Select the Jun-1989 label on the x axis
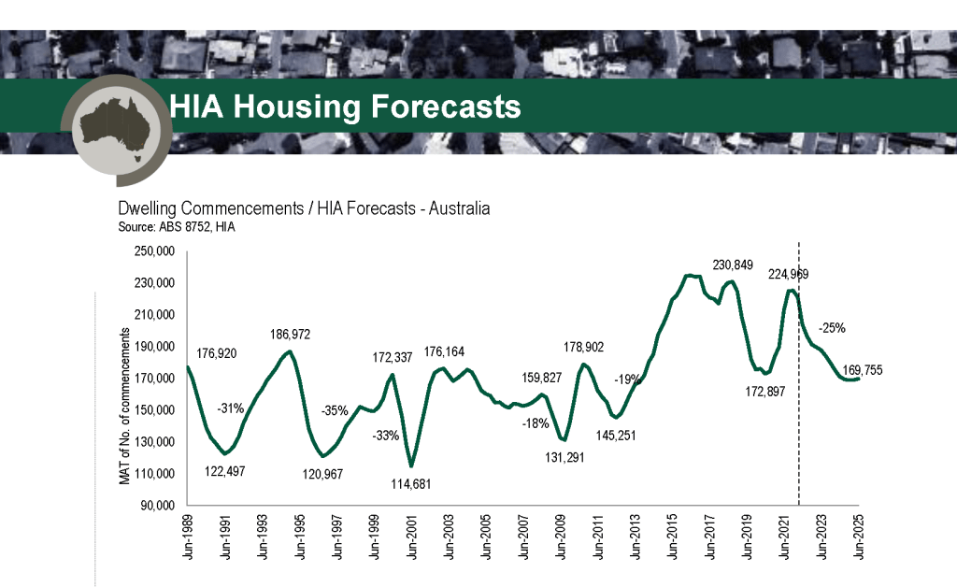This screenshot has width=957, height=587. [x=188, y=534]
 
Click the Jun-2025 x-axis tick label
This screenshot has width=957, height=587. [x=858, y=534]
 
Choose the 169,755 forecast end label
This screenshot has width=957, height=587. [x=861, y=370]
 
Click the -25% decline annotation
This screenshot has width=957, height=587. [x=832, y=328]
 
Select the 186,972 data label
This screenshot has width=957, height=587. [x=292, y=334]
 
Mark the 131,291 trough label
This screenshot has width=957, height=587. [x=558, y=457]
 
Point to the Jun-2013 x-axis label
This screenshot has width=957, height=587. [x=636, y=534]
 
